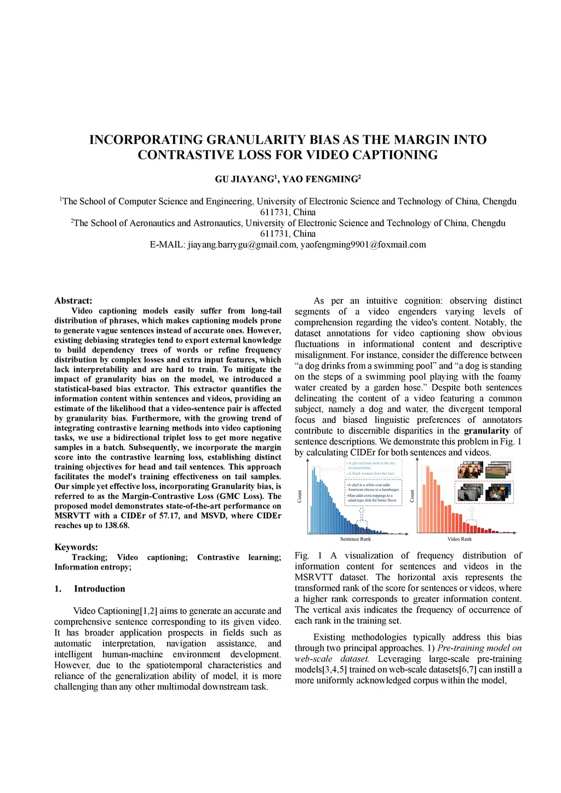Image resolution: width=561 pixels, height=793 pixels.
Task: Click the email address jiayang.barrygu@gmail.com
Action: [x=242, y=245]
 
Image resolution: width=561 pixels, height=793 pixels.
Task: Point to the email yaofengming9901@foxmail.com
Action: [x=363, y=245]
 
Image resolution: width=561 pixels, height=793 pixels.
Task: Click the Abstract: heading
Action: [x=73, y=301]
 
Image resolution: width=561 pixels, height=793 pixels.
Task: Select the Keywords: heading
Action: [x=76, y=547]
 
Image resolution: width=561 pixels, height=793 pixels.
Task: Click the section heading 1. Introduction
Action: [x=90, y=589]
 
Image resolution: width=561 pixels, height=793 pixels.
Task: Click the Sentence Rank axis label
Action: [x=356, y=539]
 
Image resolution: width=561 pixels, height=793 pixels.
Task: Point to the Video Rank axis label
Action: [x=460, y=539]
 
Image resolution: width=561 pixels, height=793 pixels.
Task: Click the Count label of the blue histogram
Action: [x=300, y=497]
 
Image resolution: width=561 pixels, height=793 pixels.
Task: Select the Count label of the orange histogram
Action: [x=413, y=497]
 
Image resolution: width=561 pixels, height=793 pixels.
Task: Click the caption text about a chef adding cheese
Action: [x=373, y=487]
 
